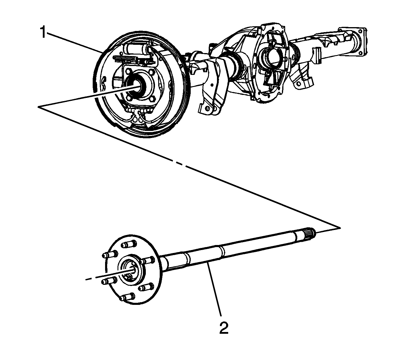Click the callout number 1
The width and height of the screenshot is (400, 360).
pyautogui.click(x=43, y=32)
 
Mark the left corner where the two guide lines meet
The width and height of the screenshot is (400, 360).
pyautogui.click(x=39, y=107)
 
